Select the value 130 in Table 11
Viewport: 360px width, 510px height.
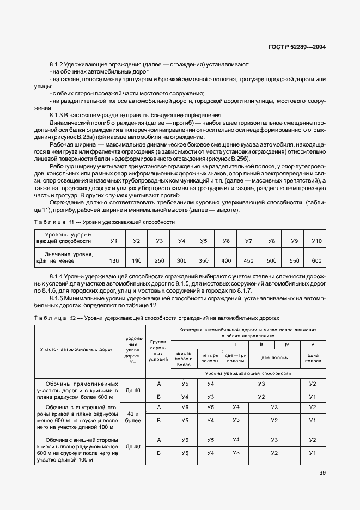114,261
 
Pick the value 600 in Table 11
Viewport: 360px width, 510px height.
316,261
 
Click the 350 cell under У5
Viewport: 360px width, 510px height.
204,261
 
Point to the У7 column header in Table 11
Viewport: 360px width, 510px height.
248,241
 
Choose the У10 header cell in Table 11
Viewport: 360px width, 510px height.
316,241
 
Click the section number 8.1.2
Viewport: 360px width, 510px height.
57,65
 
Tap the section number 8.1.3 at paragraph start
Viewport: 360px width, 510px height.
57,115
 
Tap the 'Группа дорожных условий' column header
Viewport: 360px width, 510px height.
160,350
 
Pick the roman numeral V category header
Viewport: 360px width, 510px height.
313,344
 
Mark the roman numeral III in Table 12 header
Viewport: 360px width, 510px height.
261,344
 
